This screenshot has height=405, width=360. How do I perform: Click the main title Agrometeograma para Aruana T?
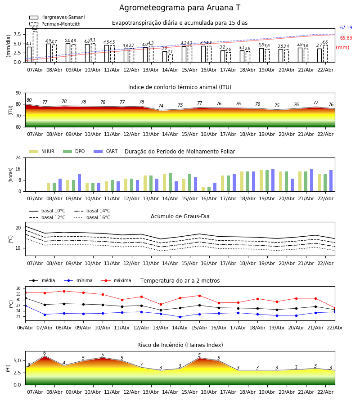point(180,8)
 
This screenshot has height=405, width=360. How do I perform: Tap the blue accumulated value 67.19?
point(346,28)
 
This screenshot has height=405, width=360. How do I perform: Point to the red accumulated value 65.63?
point(346,38)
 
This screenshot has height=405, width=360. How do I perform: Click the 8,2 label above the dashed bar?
point(35,28)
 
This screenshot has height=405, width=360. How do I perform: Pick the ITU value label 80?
point(29,100)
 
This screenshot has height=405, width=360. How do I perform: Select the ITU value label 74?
point(161,106)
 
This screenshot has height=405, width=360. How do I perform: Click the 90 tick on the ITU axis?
point(18,93)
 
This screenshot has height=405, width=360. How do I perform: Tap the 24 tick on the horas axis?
point(18,158)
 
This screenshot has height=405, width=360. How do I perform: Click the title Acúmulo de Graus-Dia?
point(180,216)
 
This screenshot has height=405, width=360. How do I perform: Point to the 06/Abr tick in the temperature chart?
point(25,328)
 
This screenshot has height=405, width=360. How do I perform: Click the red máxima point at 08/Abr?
point(64,291)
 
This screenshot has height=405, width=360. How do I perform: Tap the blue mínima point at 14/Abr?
point(180,317)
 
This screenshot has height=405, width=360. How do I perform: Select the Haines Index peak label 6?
point(45,353)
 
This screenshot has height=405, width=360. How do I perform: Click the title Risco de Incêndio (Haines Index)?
point(180,345)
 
